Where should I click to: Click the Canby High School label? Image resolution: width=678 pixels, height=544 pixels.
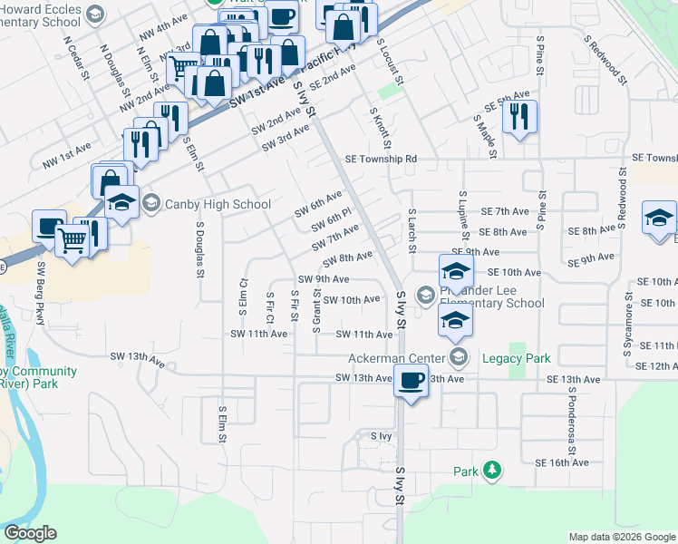pos(218,204)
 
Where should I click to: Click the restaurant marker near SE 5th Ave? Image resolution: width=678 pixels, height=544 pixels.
pos(519,117)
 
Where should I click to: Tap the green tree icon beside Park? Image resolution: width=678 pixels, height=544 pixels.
pos(491,471)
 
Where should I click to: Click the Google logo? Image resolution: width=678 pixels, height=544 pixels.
pos(30,533)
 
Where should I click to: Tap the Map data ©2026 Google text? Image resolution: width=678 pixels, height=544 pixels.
pos(621,537)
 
